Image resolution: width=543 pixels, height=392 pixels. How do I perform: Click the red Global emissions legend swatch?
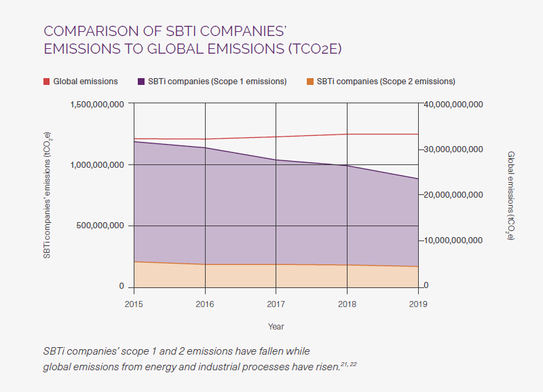pyautogui.click(x=47, y=82)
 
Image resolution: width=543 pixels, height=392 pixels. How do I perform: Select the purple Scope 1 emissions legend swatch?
pyautogui.click(x=141, y=82)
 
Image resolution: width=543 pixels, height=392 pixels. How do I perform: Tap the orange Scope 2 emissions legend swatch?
pyautogui.click(x=310, y=82)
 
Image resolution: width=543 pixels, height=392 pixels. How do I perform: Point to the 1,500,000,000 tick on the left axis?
pyautogui.click(x=97, y=104)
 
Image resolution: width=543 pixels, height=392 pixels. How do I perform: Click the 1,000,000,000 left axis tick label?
pyautogui.click(x=97, y=164)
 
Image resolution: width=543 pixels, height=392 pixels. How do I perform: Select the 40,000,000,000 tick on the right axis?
pyautogui.click(x=452, y=104)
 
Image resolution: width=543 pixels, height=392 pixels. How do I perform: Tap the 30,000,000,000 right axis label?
pyautogui.click(x=452, y=149)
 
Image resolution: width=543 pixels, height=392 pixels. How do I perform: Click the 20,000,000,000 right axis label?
pyautogui.click(x=452, y=195)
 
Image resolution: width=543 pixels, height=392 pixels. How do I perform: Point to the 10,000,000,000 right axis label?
pyautogui.click(x=452, y=240)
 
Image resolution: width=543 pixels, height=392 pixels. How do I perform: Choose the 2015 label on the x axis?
pyautogui.click(x=134, y=304)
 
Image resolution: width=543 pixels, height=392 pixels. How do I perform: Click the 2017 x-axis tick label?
pyautogui.click(x=276, y=304)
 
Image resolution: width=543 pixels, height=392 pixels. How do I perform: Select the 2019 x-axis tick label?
pyautogui.click(x=418, y=304)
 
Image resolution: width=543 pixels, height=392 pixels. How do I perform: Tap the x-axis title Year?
pyautogui.click(x=276, y=327)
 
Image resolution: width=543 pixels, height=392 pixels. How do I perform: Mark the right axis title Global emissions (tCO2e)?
pyautogui.click(x=510, y=196)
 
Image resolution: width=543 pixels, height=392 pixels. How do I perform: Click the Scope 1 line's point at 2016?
pyautogui.click(x=205, y=147)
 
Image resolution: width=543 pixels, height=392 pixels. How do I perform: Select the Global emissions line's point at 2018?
pyautogui.click(x=347, y=134)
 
